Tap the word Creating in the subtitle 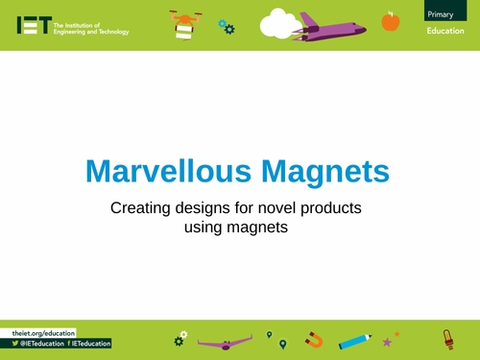tap(140, 208)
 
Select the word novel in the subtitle tap(270, 208)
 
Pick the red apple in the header tap(390, 20)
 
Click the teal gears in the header tap(227, 27)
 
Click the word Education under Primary tap(446, 31)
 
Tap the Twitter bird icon tap(15, 343)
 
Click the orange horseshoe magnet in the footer tap(314, 339)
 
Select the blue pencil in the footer tap(354, 338)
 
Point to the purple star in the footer tap(387, 342)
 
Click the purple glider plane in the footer tap(228, 340)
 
